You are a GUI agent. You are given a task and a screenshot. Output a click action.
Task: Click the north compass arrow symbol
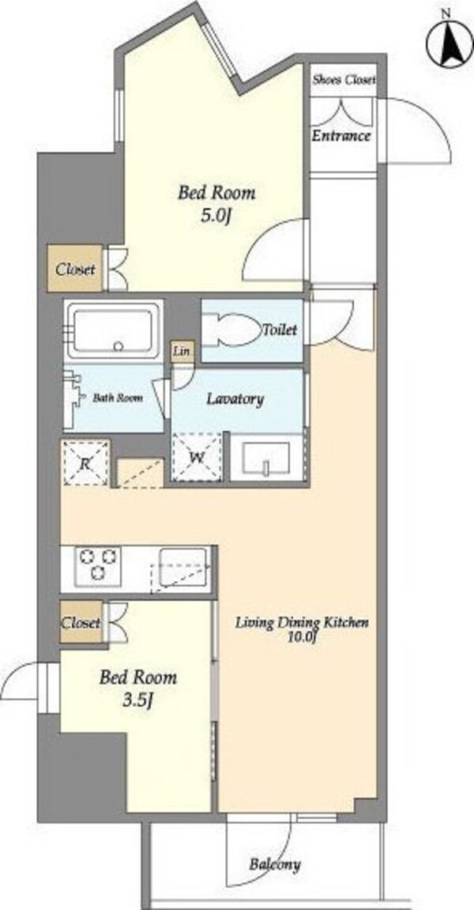(x=450, y=43)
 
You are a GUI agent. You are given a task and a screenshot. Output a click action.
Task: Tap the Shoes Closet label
(x=344, y=80)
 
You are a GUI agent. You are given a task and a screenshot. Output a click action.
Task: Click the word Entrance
(x=340, y=137)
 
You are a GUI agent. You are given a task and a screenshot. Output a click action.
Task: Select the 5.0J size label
(x=216, y=217)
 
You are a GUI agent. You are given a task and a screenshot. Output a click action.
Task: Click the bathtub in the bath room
(x=114, y=329)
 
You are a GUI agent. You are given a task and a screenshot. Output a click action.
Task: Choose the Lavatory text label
(x=235, y=399)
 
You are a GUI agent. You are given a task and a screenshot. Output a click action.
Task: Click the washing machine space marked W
(x=197, y=457)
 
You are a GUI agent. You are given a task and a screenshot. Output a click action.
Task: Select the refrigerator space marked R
(x=85, y=463)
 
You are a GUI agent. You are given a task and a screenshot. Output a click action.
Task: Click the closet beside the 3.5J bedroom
(x=82, y=623)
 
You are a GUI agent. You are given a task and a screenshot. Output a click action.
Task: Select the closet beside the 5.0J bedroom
(x=75, y=269)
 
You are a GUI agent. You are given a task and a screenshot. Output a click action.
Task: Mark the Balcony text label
(x=275, y=864)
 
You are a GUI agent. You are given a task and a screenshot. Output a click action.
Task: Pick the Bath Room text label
(x=118, y=398)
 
